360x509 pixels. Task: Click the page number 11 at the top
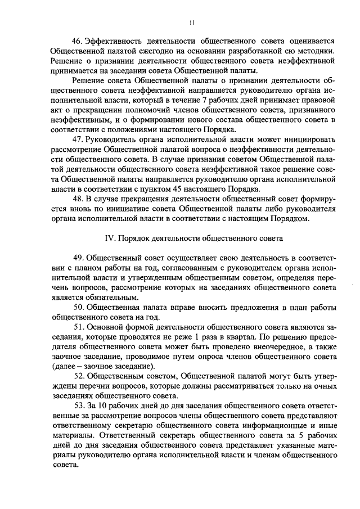pos(191,22)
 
